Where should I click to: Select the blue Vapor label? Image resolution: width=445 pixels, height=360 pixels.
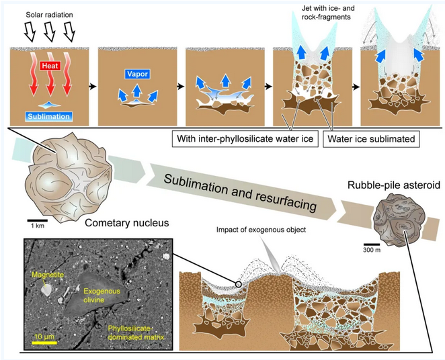[x=136, y=74]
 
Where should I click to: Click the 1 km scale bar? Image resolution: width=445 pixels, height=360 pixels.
[x=37, y=219]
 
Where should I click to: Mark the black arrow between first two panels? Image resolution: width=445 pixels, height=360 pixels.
[x=92, y=87]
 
